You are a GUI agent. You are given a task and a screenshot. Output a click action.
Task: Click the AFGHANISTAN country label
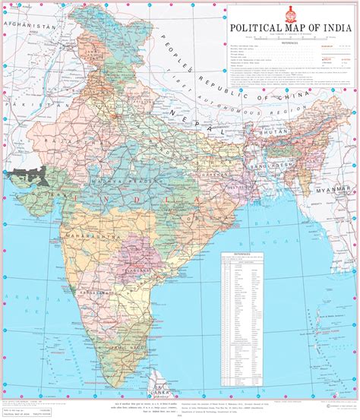pos(30,26)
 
